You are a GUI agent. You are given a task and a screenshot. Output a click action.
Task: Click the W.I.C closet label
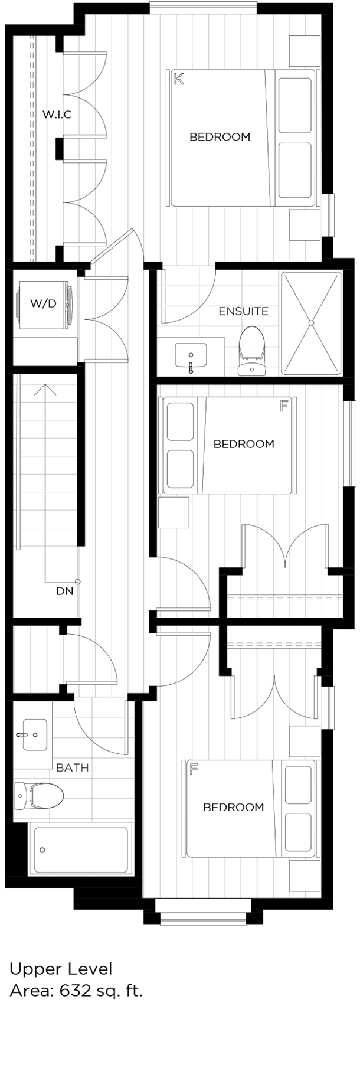tap(57, 115)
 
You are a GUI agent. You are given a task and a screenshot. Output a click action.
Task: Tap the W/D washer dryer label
tap(43, 303)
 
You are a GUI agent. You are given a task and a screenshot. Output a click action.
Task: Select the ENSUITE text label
tap(243, 311)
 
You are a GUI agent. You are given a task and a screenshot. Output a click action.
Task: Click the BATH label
tap(72, 768)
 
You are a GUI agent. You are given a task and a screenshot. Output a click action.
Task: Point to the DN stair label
tap(64, 590)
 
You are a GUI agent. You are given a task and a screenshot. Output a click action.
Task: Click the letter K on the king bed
tap(179, 79)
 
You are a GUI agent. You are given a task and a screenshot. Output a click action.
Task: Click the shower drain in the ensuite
tap(310, 323)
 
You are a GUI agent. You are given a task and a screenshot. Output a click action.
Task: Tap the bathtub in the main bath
tap(80, 850)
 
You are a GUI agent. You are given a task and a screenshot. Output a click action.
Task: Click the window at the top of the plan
tap(203, 7)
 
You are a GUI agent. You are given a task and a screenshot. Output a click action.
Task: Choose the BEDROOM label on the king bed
tap(220, 137)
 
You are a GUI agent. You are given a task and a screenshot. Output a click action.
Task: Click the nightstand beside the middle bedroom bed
tap(174, 512)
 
